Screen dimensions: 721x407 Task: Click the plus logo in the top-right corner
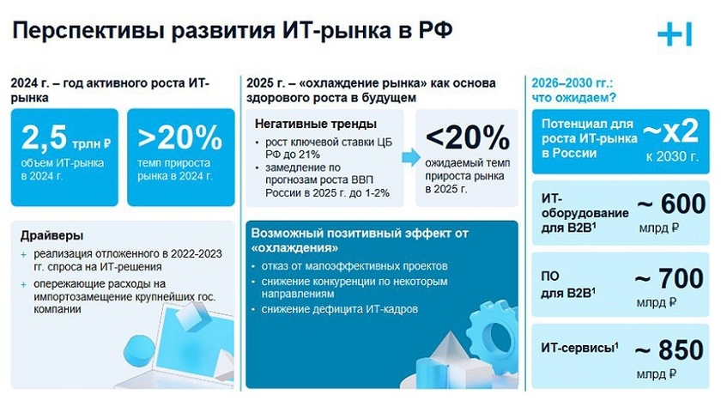pos(675,34)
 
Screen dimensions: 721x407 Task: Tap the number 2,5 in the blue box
pos(44,137)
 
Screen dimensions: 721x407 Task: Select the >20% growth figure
pos(179,137)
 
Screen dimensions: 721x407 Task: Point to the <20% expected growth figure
pos(467,137)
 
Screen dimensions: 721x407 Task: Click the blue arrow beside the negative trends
pos(410,157)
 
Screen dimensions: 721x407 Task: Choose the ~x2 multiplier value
pos(671,131)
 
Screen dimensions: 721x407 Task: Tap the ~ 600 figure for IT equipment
pos(672,203)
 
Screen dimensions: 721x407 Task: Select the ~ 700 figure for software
pos(669,278)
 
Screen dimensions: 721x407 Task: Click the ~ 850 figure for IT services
pos(669,350)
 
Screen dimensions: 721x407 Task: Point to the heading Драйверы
pos(52,235)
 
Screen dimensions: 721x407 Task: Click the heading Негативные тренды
pos(316,124)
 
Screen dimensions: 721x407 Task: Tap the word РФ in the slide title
pos(435,30)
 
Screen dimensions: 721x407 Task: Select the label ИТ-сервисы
pos(579,348)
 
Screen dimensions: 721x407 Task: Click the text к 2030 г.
pos(672,157)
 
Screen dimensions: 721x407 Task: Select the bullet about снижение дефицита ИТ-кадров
pos(339,309)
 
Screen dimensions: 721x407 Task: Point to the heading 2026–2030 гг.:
pos(572,83)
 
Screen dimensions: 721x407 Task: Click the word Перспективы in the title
pos(88,31)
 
